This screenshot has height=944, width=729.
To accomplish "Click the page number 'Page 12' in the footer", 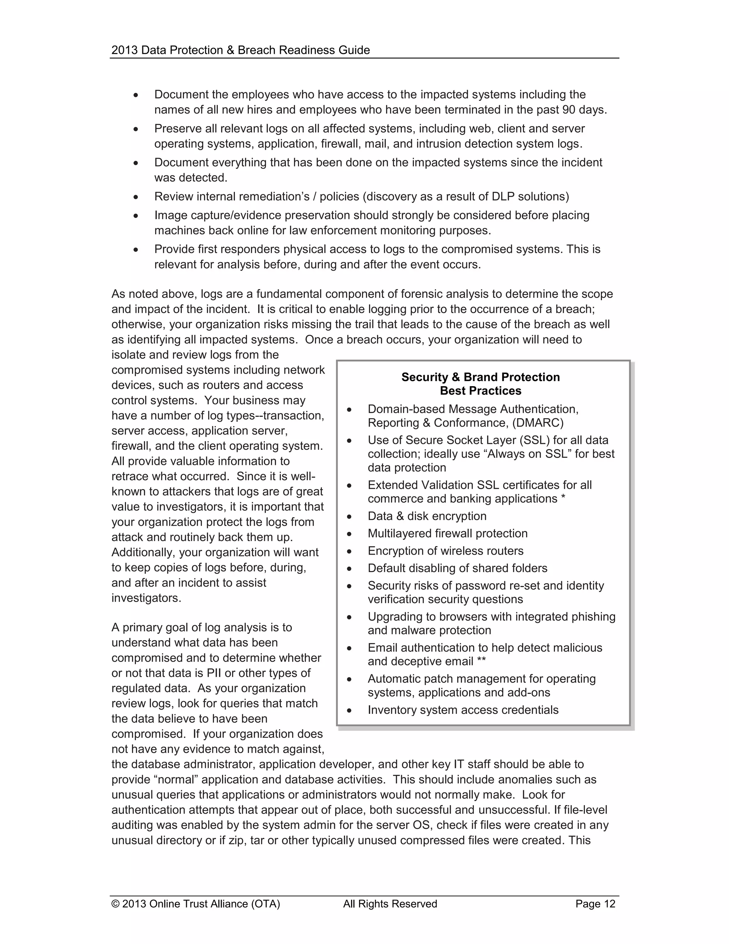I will (x=595, y=904).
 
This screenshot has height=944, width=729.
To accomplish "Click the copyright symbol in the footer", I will (x=115, y=904).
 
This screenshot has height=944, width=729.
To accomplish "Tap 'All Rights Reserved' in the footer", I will (x=390, y=904).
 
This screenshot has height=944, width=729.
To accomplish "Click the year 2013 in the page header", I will (x=124, y=50).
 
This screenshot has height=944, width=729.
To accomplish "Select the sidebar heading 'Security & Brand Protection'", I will (x=480, y=377).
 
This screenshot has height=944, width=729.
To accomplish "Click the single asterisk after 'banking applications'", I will (x=563, y=498).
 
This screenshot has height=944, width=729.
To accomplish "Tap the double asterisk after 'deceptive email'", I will (x=481, y=661).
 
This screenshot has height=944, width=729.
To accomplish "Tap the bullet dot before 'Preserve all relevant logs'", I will (x=136, y=129).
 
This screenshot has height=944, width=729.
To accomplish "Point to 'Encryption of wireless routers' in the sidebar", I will (x=445, y=551).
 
